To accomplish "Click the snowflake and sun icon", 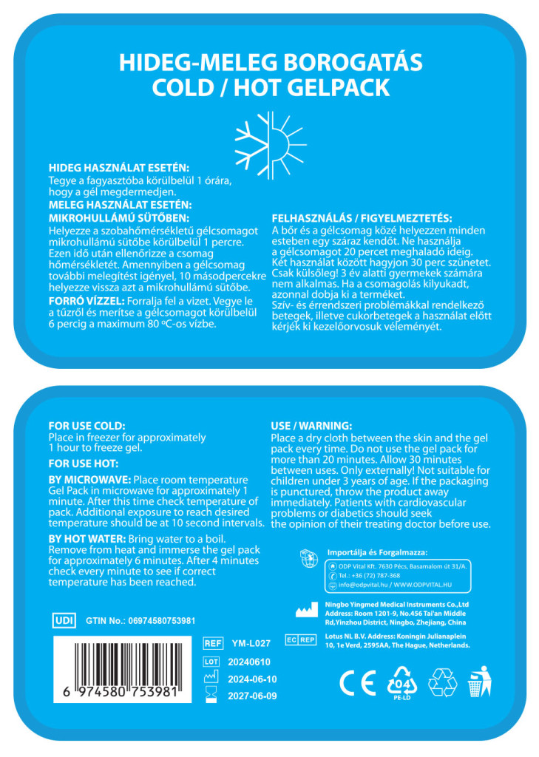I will tap(269, 137).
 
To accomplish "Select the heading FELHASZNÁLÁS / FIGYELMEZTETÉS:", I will tap(362, 218).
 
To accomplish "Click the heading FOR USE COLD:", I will tap(87, 426).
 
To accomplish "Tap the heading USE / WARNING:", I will tap(311, 426).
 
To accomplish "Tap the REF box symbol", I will tap(213, 643).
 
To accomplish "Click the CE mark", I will tap(357, 682).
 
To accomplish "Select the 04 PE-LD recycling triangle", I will tap(403, 682).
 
